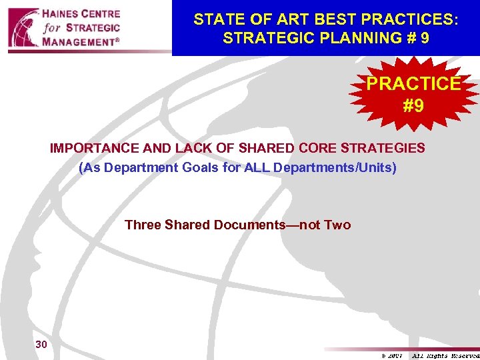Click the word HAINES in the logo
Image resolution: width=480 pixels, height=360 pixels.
[65, 14]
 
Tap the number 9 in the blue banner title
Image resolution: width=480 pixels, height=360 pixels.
[425, 38]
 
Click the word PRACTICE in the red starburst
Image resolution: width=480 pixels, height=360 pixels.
[413, 84]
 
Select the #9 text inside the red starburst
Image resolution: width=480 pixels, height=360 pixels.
[413, 106]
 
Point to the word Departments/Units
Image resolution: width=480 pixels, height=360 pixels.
[334, 167]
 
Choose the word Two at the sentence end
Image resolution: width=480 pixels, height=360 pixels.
[337, 225]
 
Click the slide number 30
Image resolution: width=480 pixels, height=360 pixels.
[41, 344]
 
